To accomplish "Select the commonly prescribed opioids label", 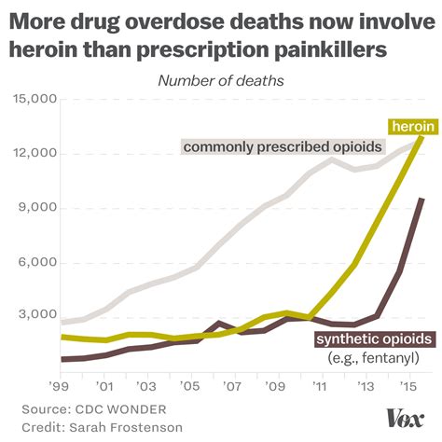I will coord(256,146).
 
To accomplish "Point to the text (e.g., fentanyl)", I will coord(373,358).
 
